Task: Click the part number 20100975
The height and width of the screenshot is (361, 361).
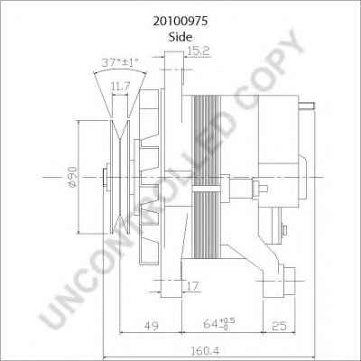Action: (x=180, y=22)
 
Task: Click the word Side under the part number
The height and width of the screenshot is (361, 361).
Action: (x=180, y=37)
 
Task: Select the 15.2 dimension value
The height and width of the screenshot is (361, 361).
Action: (x=198, y=51)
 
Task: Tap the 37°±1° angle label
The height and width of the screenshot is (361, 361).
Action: (x=120, y=62)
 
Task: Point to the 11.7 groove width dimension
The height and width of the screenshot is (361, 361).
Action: (x=120, y=87)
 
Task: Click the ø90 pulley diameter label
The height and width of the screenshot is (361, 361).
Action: (x=73, y=177)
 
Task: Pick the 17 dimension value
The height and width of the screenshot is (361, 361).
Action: (x=192, y=286)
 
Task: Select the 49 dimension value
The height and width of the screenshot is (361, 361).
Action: (x=152, y=326)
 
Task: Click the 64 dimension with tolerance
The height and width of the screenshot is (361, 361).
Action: (x=218, y=324)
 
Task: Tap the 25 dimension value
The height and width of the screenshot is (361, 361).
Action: (x=279, y=326)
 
